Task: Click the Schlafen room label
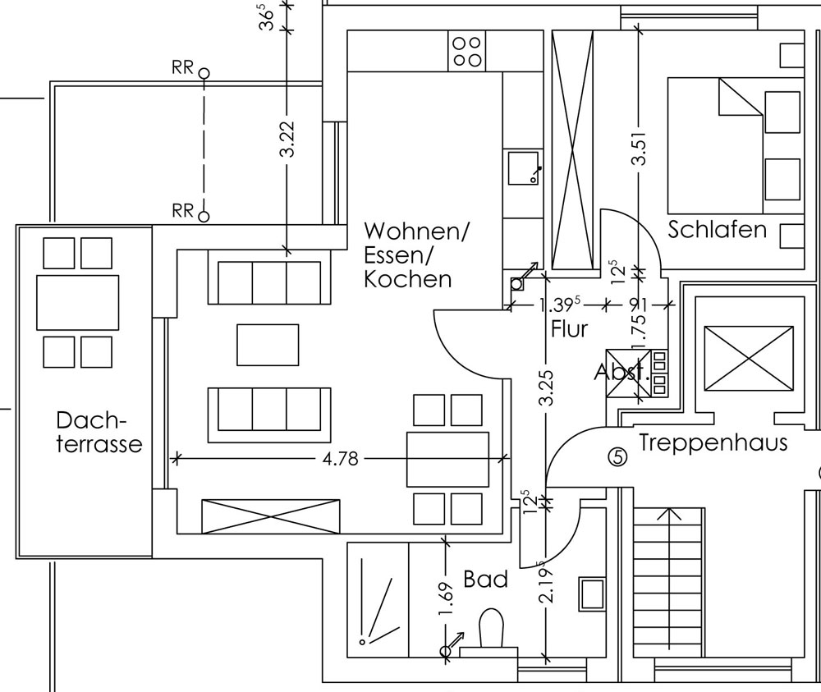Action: pos(717,229)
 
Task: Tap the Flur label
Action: pos(570,329)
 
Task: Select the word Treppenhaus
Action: pos(713,443)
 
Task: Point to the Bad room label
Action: pos(485,580)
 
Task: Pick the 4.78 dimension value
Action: pos(340,459)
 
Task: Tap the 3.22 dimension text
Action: pos(287,141)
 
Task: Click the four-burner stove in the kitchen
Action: pos(466,51)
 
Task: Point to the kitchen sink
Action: pos(523,167)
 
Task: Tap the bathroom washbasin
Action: pos(591,592)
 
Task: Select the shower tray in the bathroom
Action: pos(378,599)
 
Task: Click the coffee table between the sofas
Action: pos(268,345)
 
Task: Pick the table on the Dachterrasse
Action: pos(78,302)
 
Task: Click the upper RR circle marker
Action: pos(204,73)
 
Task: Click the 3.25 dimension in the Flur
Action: pos(548,387)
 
